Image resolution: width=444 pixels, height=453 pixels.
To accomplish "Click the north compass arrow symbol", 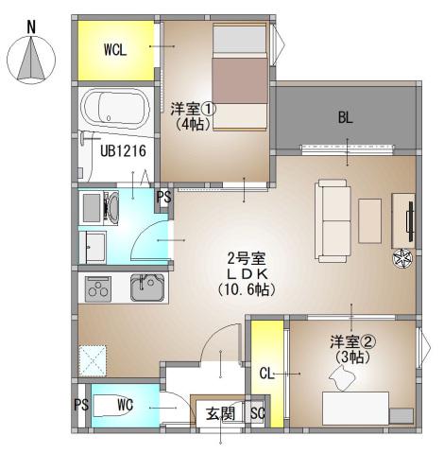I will click(x=31, y=59).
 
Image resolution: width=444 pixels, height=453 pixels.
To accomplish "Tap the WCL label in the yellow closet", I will click(x=114, y=49).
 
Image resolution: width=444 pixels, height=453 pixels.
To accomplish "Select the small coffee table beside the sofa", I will click(x=369, y=220).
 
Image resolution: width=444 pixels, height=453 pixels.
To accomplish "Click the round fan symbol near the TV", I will click(x=401, y=257).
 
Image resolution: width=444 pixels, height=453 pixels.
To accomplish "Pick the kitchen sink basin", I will click(x=149, y=287).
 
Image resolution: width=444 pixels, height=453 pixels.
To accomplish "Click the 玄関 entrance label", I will click(x=219, y=412).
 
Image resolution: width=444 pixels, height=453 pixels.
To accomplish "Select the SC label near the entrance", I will click(x=257, y=412).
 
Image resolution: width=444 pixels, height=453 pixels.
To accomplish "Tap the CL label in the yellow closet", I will click(x=266, y=374).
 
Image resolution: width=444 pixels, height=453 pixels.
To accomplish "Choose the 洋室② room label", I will click(x=349, y=341).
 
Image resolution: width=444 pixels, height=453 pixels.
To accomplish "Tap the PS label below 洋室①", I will click(x=163, y=198).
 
